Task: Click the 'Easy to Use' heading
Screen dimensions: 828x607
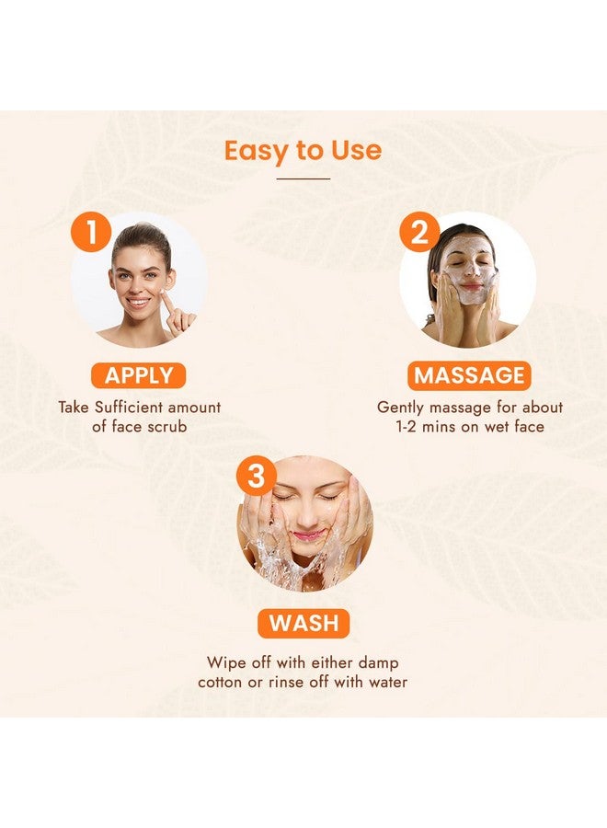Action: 303,150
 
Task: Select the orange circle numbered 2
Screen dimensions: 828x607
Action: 419,233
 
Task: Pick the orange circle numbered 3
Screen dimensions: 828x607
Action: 257,476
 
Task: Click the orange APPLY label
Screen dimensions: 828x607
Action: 139,375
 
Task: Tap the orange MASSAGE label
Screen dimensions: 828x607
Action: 469,375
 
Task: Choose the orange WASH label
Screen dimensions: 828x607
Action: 303,623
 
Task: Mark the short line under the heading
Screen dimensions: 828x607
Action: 303,178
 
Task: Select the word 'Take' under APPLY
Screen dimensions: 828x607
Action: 74,407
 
